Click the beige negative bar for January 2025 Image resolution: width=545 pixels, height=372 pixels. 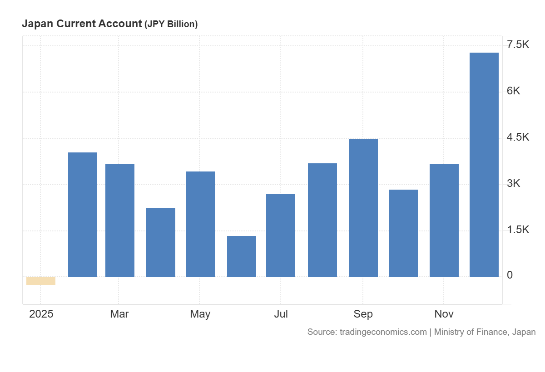click(41, 281)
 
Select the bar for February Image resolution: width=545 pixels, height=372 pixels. click(83, 215)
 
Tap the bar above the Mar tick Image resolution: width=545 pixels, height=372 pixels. click(120, 220)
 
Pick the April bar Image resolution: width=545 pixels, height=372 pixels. click(161, 242)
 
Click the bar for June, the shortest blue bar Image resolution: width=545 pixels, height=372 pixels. click(242, 256)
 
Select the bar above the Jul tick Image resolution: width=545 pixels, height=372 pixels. click(281, 235)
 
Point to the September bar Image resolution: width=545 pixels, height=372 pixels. click(363, 208)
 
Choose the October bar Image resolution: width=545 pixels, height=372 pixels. click(403, 233)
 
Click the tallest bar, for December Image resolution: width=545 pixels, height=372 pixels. click(484, 165)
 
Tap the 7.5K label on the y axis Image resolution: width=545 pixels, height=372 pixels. click(518, 44)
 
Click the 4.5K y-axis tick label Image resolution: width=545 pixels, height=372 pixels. click(518, 137)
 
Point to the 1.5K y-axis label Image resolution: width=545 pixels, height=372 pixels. click(518, 230)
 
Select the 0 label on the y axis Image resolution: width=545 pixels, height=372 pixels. click(510, 275)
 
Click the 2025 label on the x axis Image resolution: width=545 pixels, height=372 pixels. click(41, 314)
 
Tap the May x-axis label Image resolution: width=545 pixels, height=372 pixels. click(200, 314)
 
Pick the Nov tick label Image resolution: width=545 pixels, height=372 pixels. click(444, 314)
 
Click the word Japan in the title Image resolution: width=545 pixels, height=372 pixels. click(36, 24)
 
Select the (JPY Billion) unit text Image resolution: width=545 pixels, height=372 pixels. click(171, 24)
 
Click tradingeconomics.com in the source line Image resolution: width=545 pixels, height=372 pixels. click(383, 332)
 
